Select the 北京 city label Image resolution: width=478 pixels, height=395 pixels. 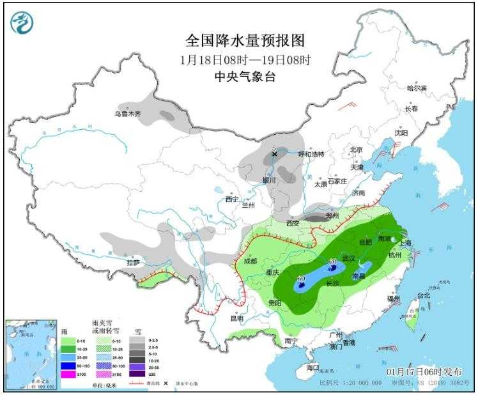click(355, 150)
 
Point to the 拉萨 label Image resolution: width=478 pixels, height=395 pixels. click(133, 262)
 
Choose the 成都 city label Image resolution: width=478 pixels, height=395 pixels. click(250, 261)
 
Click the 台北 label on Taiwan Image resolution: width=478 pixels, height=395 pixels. click(424, 296)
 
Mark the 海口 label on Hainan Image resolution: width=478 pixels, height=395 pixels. click(312, 368)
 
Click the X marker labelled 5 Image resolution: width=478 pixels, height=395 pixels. click(275, 153)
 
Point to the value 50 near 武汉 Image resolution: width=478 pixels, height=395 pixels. click(333, 262)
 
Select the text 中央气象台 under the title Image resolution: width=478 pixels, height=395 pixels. click(245, 77)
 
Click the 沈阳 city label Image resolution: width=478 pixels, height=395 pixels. click(401, 133)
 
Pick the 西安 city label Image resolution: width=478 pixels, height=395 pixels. click(293, 223)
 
